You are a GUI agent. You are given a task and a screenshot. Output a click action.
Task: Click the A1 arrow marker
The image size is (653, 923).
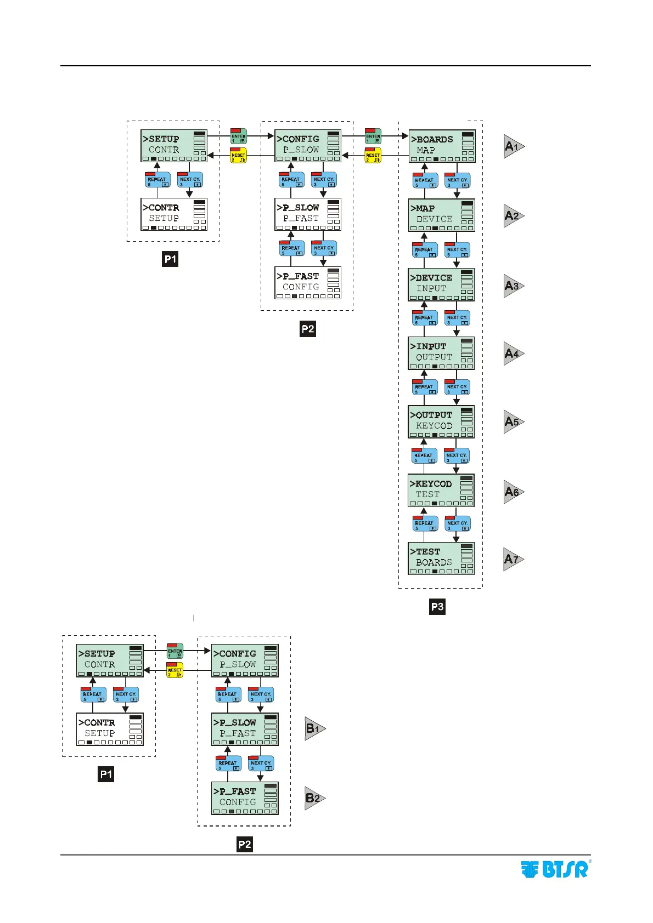click(x=514, y=146)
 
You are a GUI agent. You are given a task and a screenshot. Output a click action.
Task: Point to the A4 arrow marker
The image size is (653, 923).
click(x=514, y=354)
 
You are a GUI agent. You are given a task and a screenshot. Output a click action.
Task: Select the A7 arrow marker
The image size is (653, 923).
click(x=513, y=559)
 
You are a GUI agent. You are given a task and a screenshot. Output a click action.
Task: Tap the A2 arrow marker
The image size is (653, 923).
click(x=514, y=216)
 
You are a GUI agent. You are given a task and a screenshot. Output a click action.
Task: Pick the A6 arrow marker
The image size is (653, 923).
click(x=514, y=492)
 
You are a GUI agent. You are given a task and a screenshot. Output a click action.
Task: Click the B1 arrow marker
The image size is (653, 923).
click(x=314, y=728)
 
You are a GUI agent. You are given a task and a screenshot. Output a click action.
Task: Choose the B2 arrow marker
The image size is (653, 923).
click(x=314, y=798)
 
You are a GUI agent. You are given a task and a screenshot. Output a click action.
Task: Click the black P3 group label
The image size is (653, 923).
click(x=437, y=607)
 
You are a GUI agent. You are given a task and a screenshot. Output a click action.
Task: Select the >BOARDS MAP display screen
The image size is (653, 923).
click(x=442, y=146)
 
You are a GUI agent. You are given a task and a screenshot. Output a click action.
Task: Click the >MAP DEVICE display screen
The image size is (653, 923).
click(x=442, y=215)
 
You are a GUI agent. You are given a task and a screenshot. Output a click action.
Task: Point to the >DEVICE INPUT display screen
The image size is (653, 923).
click(x=441, y=284)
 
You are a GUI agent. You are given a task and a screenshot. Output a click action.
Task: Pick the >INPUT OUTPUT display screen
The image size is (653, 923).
click(x=441, y=353)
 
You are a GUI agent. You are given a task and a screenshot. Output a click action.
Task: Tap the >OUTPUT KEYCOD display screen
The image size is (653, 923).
click(x=441, y=421)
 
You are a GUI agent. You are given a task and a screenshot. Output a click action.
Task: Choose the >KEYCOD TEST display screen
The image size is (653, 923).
click(x=441, y=490)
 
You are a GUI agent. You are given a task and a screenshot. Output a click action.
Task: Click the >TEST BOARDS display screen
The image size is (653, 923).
click(x=441, y=558)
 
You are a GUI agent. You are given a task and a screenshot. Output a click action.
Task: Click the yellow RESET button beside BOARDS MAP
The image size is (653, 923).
click(x=373, y=156)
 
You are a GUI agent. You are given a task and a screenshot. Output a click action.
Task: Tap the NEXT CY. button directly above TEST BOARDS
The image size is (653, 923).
click(x=457, y=524)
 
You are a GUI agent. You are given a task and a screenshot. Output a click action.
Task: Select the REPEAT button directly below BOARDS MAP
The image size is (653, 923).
click(x=425, y=181)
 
